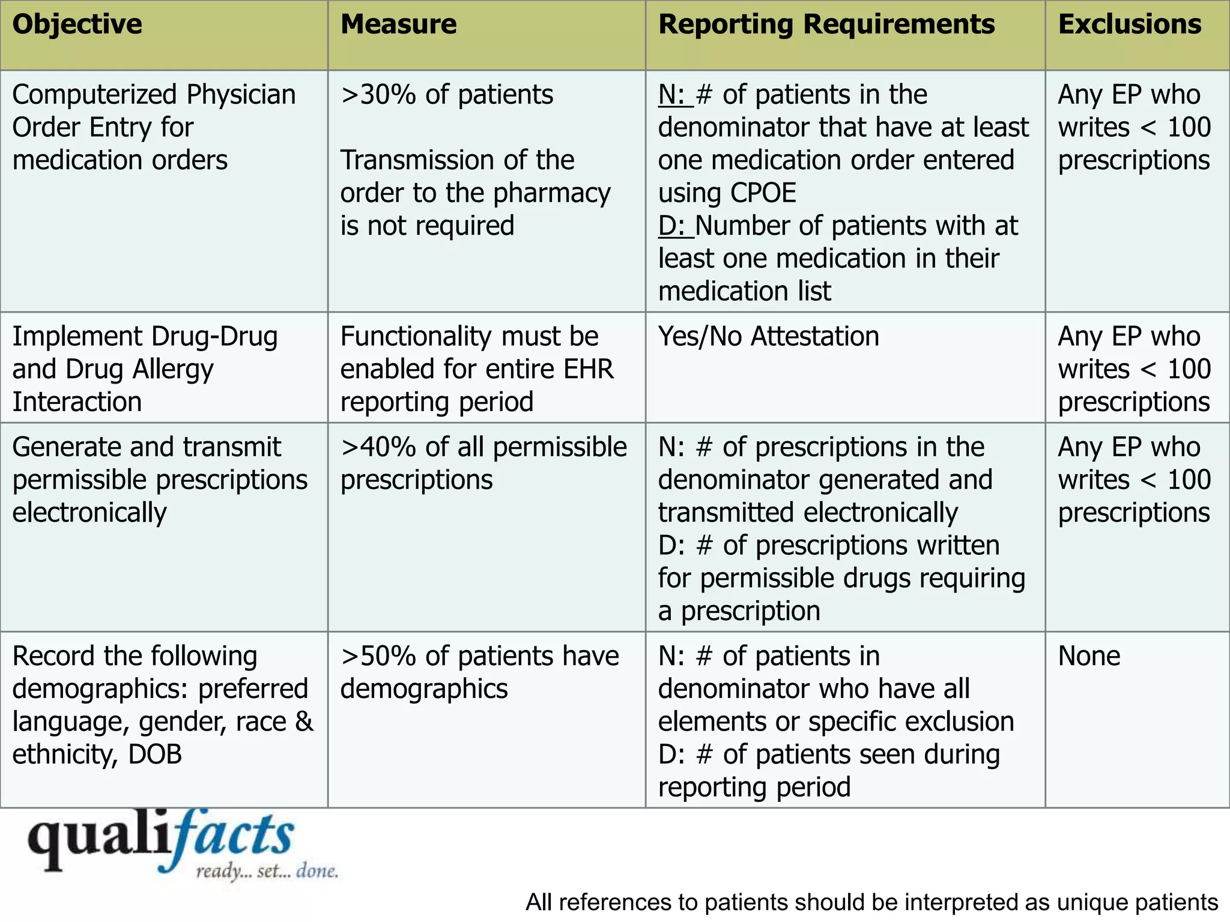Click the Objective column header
[x=77, y=25]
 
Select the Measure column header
[x=398, y=25]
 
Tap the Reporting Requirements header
[x=826, y=25]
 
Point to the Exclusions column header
[x=1129, y=25]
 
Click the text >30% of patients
[x=446, y=95]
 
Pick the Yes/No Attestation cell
[x=768, y=336]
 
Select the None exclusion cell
[x=1089, y=656]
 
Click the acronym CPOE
[x=762, y=193]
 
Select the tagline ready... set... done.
[x=267, y=871]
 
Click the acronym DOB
[x=155, y=755]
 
